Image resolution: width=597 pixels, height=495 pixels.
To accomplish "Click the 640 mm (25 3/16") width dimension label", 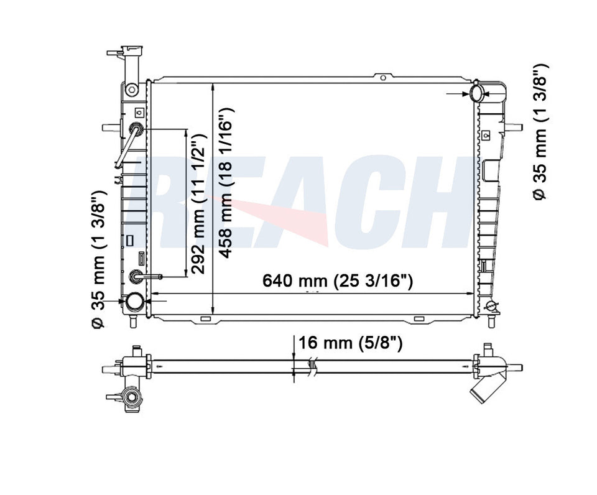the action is tap(338, 281).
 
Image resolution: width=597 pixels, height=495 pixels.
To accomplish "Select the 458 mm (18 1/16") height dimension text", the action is tap(226, 183).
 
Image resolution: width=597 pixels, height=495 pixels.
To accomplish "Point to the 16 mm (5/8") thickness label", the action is tap(350, 343).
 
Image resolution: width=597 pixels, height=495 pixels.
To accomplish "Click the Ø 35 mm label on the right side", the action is tap(540, 132).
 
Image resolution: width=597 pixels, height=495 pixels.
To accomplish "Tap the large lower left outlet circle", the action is tap(135, 301).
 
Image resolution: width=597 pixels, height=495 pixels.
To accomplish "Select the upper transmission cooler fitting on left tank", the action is tap(136, 129).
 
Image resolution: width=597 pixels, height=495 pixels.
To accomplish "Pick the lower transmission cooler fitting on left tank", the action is tap(136, 276).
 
